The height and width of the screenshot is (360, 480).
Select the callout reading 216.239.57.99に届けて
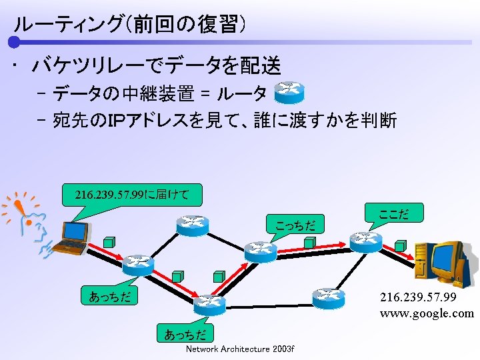[x=132, y=195]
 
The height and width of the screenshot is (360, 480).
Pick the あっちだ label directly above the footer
[x=185, y=333]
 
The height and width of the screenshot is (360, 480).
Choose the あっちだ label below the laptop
[x=109, y=295]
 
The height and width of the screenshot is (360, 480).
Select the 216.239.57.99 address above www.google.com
[x=418, y=297]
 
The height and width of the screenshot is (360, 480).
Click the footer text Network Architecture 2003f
[x=240, y=349]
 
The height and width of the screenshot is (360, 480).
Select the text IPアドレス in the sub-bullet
[x=131, y=121]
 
